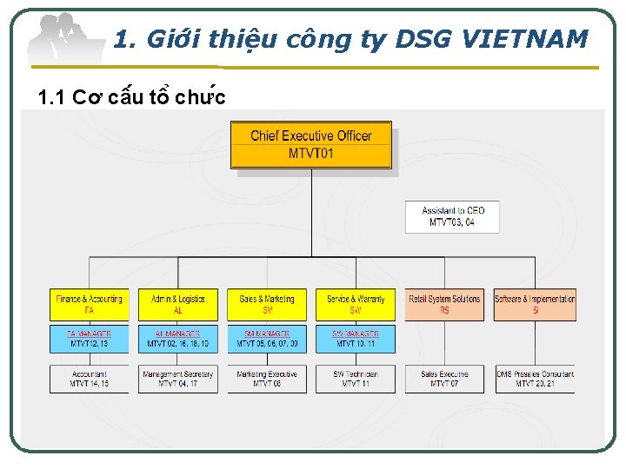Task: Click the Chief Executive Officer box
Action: click(310, 145)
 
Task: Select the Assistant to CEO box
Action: click(452, 216)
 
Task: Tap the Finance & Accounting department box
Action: click(89, 304)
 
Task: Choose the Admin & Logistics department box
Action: click(178, 304)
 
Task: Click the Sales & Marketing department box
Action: click(267, 304)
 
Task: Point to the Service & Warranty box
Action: click(356, 304)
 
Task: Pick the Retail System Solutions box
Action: click(444, 304)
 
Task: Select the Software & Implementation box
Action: click(535, 304)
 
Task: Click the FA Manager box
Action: click(89, 339)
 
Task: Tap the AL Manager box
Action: click(178, 339)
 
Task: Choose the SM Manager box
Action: click(267, 339)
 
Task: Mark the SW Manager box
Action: click(356, 339)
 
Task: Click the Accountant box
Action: click(89, 379)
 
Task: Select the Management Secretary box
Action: click(178, 379)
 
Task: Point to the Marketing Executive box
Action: click(267, 379)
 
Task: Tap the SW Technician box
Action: click(356, 379)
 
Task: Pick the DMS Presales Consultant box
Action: click(535, 379)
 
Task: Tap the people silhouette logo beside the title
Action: click(65, 39)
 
